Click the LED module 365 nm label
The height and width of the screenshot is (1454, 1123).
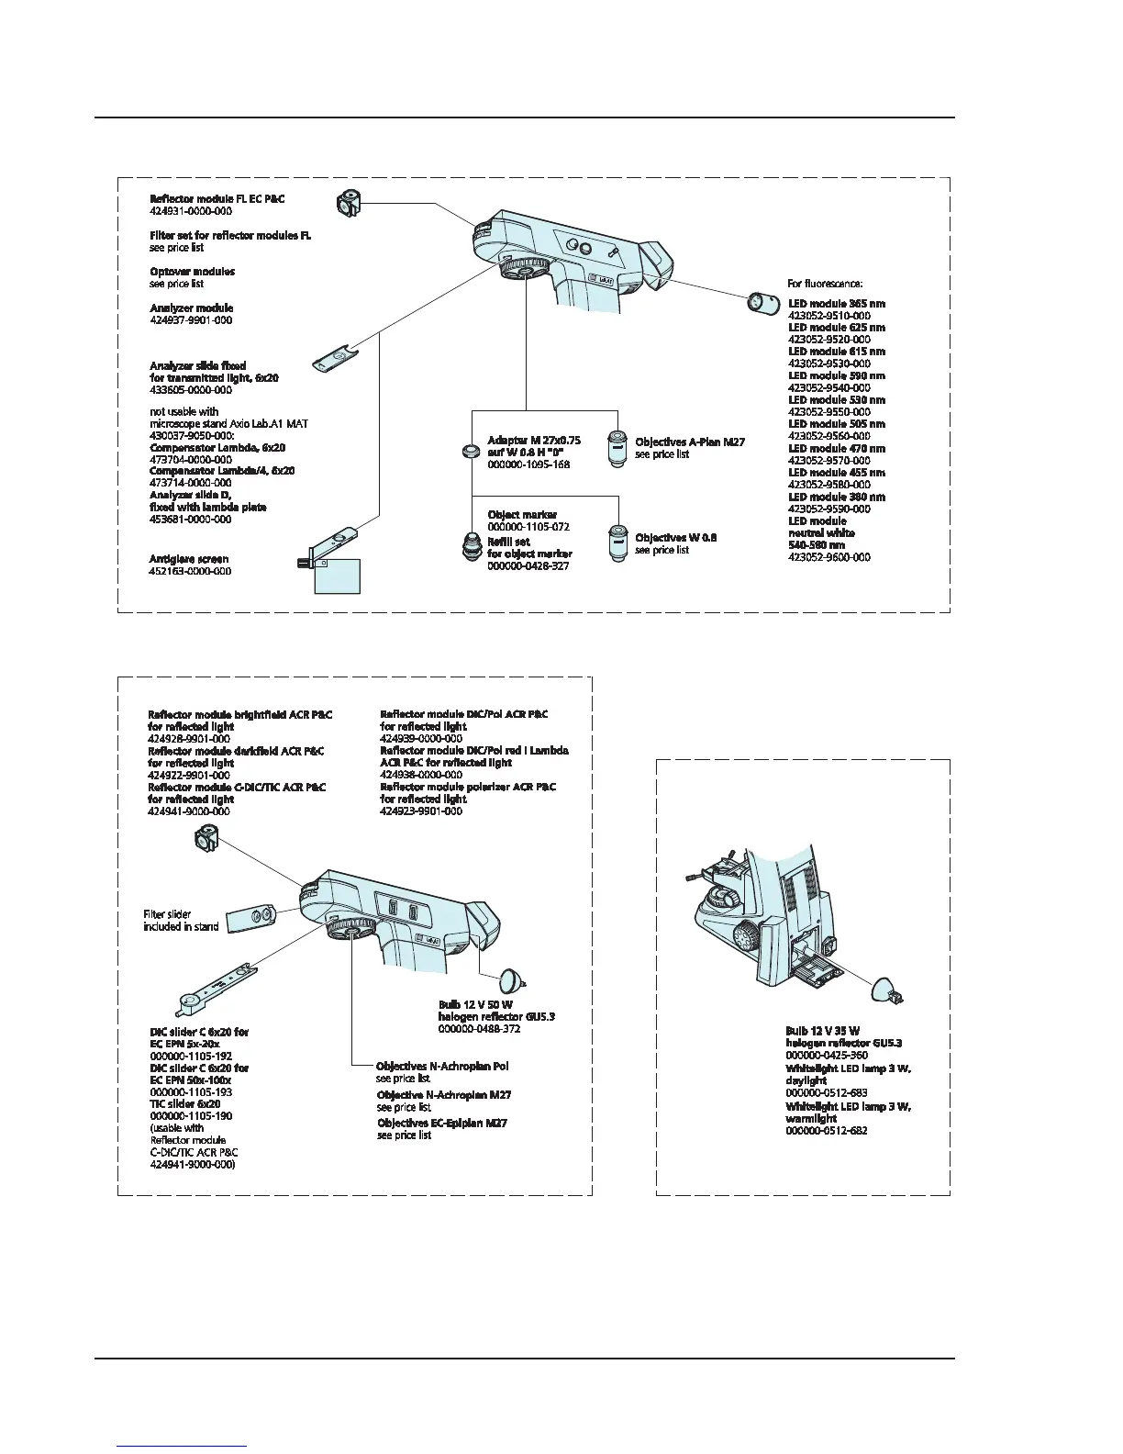(x=836, y=303)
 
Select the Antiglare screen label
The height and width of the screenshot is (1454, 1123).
(x=189, y=558)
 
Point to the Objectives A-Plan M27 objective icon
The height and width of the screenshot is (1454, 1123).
(x=617, y=448)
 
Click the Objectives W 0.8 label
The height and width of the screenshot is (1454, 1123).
(x=675, y=538)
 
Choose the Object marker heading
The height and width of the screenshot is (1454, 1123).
(x=522, y=515)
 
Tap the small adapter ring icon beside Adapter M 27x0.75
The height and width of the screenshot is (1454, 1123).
(x=469, y=451)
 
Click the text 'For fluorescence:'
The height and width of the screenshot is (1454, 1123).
(x=825, y=284)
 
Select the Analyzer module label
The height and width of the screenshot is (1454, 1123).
(x=191, y=308)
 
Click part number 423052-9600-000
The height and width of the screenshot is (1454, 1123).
(x=829, y=557)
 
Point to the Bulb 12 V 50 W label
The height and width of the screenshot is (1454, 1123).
(x=475, y=1005)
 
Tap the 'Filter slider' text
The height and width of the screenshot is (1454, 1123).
(x=167, y=914)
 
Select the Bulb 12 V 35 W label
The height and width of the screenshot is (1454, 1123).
(x=822, y=1031)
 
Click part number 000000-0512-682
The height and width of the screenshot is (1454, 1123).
(x=826, y=1131)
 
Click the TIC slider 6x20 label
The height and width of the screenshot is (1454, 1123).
(x=184, y=1104)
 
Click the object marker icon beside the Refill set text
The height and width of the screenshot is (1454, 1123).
(x=472, y=545)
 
